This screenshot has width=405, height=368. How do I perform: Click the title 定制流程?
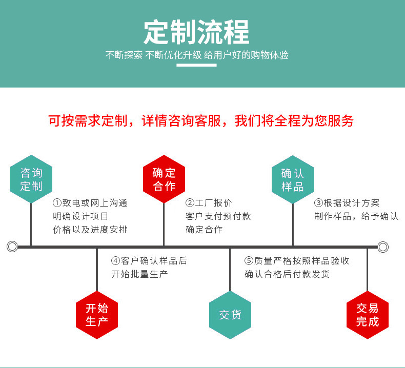coord(197,32)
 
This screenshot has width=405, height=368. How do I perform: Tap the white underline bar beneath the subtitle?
coord(197,65)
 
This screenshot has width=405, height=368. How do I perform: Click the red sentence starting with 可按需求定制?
coord(200,121)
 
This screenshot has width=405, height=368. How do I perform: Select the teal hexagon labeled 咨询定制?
coord(31,179)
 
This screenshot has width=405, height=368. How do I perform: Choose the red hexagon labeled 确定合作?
coord(164,179)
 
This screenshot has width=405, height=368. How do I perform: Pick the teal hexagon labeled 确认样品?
coord(292,179)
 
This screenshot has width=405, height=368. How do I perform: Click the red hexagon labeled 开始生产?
coord(97,315)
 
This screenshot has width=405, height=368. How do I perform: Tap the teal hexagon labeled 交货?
coord(230,315)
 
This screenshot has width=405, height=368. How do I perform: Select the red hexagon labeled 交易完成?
coord(367,315)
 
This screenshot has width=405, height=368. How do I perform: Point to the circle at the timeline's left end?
coord(12,247)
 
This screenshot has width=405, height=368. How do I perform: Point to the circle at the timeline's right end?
coord(383,247)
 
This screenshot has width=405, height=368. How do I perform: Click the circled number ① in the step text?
coord(57,203)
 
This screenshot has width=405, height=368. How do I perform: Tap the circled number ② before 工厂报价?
coord(190,203)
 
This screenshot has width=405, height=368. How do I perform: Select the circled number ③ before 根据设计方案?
coord(318,203)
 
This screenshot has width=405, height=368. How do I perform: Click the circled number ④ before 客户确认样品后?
coord(116,261)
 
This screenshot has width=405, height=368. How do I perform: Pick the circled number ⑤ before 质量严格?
coord(249,261)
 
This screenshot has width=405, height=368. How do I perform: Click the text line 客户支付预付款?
coord(218,216)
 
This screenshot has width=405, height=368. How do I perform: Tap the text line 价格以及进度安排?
coord(90,229)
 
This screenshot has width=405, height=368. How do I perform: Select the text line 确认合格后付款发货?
coord(287,274)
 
